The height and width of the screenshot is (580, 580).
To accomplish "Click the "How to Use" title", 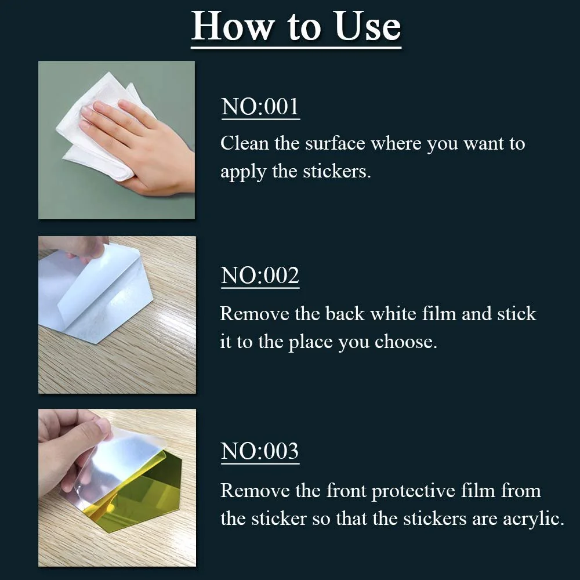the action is tap(296, 26).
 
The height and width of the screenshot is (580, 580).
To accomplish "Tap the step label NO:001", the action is tap(260, 107).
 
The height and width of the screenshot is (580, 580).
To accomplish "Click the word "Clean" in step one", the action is tap(245, 143).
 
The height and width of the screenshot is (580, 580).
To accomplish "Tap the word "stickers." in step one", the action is tap(336, 171).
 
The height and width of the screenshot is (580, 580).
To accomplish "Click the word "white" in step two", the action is tap(393, 314).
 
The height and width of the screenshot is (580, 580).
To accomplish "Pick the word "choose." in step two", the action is tap(406, 342).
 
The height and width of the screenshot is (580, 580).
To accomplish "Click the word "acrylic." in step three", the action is tap(534, 519).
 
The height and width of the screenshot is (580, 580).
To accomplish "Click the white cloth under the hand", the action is tap(104, 126).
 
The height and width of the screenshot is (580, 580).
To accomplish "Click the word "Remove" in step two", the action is tap(255, 314).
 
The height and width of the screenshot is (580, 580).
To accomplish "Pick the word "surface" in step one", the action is tap(335, 143).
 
